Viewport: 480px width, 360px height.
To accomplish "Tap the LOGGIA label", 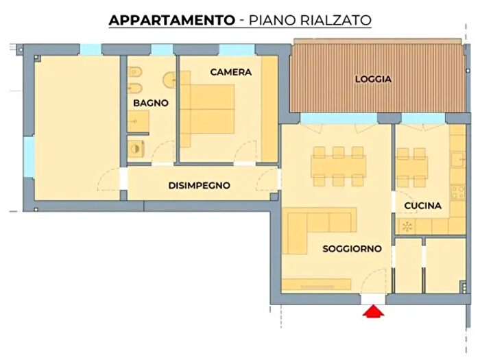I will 373,79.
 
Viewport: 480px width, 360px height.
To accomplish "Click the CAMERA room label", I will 230,72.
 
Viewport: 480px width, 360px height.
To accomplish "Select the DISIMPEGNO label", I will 199,186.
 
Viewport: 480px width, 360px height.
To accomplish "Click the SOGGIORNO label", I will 352,249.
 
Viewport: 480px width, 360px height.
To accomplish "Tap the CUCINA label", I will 422,205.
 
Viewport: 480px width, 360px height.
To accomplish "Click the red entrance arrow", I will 372,312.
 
